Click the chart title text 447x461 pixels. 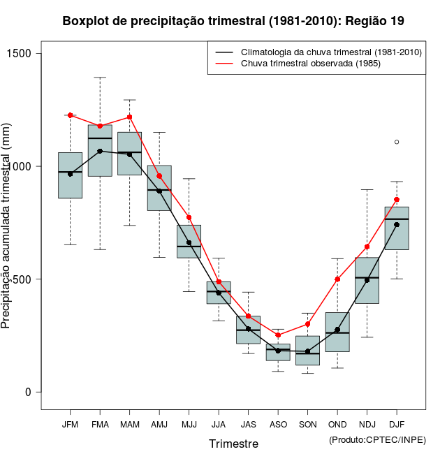pyautogui.click(x=233, y=21)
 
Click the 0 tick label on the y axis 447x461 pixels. pyautogui.click(x=28, y=392)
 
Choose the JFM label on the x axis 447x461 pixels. pyautogui.click(x=70, y=425)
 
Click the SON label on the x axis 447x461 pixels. pyautogui.click(x=307, y=425)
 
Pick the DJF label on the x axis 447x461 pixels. pyautogui.click(x=396, y=425)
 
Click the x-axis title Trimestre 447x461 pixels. pyautogui.click(x=233, y=444)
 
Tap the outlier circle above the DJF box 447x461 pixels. pyautogui.click(x=397, y=142)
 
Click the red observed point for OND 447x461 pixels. pyautogui.click(x=337, y=279)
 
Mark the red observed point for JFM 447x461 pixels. pyautogui.click(x=71, y=115)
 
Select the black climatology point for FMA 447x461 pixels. pyautogui.click(x=100, y=151)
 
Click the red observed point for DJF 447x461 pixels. pyautogui.click(x=397, y=200)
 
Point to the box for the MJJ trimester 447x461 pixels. pyautogui.click(x=189, y=241)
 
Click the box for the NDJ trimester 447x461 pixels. pyautogui.click(x=367, y=280)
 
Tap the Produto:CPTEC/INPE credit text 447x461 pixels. pyautogui.click(x=377, y=439)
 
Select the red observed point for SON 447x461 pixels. pyautogui.click(x=307, y=324)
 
